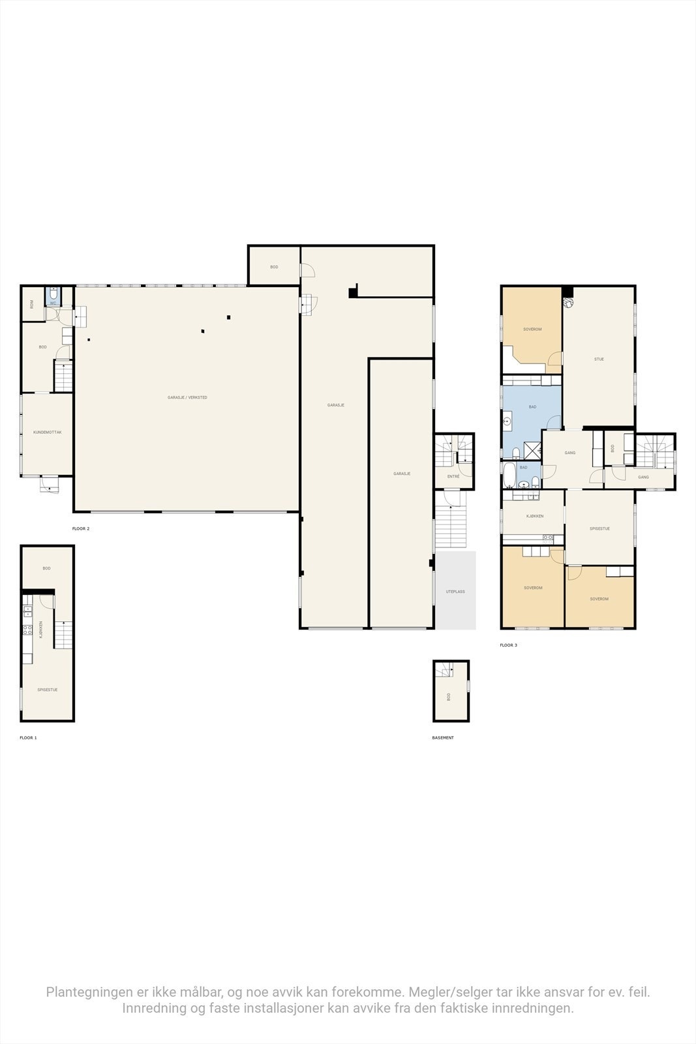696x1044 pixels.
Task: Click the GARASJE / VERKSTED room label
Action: [187, 397]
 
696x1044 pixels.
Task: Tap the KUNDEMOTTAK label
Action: [47, 432]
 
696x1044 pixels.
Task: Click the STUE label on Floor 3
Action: [598, 359]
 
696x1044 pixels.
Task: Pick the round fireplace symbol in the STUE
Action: [569, 303]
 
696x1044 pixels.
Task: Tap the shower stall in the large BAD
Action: [534, 450]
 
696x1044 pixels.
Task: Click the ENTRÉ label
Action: [453, 476]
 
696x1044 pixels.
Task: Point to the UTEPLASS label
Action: [455, 592]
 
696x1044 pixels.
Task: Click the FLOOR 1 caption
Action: [28, 737]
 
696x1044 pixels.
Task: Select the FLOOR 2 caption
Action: [81, 529]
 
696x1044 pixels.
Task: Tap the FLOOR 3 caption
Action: [508, 645]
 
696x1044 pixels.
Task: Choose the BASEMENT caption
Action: [442, 738]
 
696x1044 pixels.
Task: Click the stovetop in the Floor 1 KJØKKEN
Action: [27, 630]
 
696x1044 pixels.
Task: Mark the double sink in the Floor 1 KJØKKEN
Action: [27, 611]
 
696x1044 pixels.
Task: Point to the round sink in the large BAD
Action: [507, 422]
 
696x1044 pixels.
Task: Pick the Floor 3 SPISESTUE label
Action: [599, 529]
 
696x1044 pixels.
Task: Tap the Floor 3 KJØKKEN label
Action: [534, 516]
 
